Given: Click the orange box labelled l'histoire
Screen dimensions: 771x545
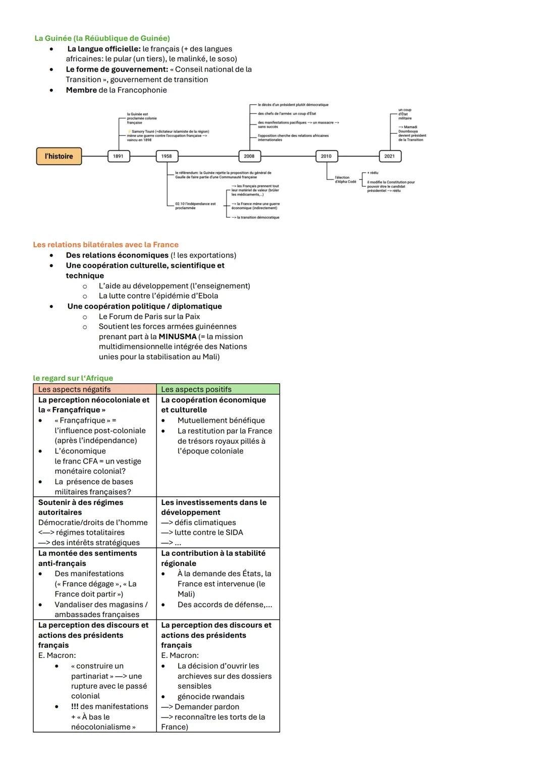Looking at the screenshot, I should pyautogui.click(x=59, y=157).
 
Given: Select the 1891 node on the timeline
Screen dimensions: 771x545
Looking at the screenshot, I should pyautogui.click(x=118, y=157).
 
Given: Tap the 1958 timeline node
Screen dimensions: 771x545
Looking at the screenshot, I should pyautogui.click(x=167, y=157).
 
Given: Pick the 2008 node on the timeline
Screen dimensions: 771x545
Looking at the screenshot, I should pyautogui.click(x=249, y=157).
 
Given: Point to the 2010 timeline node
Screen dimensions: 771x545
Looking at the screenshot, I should pyautogui.click(x=326, y=157).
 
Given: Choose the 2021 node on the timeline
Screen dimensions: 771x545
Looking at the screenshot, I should pyautogui.click(x=390, y=157).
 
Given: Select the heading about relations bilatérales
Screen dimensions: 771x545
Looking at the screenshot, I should pyautogui.click(x=105, y=245).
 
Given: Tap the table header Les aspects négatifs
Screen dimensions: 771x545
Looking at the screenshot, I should pyautogui.click(x=74, y=389).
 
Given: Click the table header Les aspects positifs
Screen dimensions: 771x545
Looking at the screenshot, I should pyautogui.click(x=196, y=389).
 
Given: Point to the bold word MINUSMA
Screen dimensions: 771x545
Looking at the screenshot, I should pyautogui.click(x=178, y=337).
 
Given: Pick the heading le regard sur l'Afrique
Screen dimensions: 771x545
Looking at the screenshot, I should pyautogui.click(x=73, y=378).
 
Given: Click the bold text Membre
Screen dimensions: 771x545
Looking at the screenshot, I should pyautogui.click(x=81, y=90).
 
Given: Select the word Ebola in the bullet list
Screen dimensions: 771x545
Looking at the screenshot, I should pyautogui.click(x=207, y=296).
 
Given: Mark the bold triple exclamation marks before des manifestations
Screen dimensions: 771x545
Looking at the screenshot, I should pyautogui.click(x=75, y=707).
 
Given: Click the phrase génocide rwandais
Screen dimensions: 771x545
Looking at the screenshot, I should pyautogui.click(x=211, y=697).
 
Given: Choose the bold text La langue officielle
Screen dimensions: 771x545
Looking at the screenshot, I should pyautogui.click(x=104, y=49).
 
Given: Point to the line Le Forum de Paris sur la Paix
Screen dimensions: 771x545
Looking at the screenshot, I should pyautogui.click(x=149, y=317).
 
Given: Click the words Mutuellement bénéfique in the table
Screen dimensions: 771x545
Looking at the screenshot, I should pyautogui.click(x=221, y=421).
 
